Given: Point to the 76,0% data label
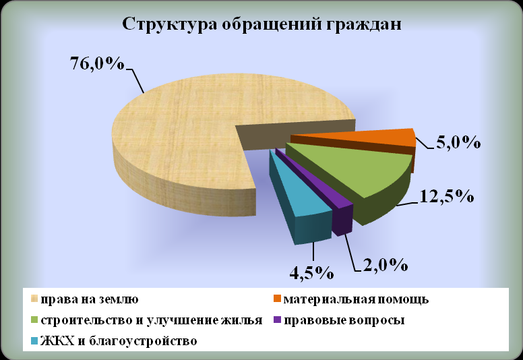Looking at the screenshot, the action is pos(98,63).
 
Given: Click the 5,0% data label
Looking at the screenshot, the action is pos(458,142).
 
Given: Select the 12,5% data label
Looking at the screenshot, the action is pos(446,196).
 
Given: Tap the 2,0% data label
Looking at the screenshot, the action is pos(386,265).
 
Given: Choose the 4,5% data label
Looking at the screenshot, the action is pos(311,273).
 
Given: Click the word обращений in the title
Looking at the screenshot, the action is pos(270,25).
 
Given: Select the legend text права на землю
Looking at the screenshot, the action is pos(90,299).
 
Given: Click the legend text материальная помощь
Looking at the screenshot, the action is pos(356,299).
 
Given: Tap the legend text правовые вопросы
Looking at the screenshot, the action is pos(344,320).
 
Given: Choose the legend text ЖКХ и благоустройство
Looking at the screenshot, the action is pos(119,341).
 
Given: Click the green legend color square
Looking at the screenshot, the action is pos(34,320).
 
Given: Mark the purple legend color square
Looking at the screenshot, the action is pos(277,320).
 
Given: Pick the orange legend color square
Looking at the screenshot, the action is pos(277,299).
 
